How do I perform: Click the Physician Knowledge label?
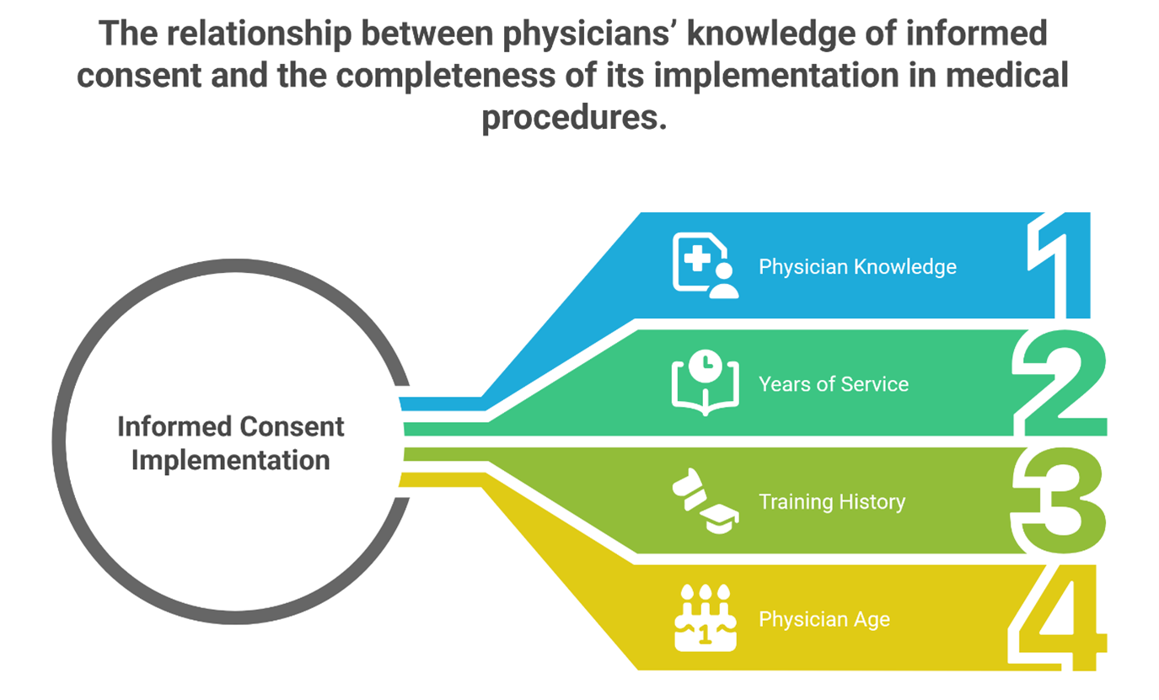[x=857, y=267]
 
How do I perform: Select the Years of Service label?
[x=833, y=384]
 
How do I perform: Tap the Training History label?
[x=831, y=502]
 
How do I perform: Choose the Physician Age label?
[x=824, y=620]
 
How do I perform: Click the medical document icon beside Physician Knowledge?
[x=705, y=265]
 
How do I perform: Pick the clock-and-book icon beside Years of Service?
[x=705, y=383]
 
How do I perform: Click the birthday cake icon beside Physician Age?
[x=705, y=619]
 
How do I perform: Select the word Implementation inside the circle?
[x=230, y=461]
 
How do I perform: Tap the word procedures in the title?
[x=573, y=118]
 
